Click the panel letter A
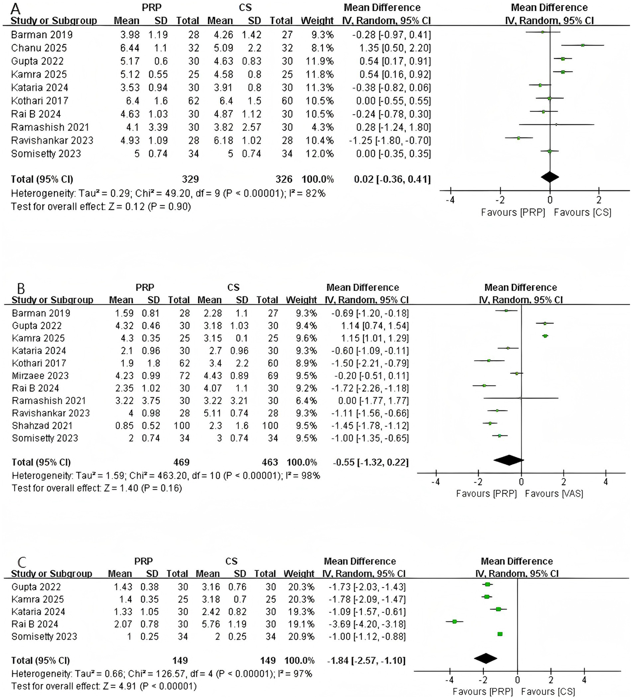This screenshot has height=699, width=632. (15, 8)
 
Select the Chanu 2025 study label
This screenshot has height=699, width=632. (39, 48)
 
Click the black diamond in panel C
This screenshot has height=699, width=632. (485, 659)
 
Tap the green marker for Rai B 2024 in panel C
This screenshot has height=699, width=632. (455, 621)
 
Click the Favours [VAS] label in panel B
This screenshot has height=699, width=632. (554, 493)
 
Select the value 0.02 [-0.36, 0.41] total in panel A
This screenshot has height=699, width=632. (392, 179)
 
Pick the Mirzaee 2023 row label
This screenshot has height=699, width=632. (40, 376)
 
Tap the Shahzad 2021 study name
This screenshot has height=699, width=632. (42, 426)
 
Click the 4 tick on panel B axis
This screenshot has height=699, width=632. (605, 481)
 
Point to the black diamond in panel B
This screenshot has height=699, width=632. (508, 460)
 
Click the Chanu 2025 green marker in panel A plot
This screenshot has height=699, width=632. (583, 45)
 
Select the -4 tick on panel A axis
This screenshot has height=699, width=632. (451, 200)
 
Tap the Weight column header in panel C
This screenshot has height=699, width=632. (299, 574)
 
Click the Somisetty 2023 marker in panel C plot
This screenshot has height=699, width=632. (500, 634)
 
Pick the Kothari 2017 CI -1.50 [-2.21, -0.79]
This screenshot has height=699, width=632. (370, 363)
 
